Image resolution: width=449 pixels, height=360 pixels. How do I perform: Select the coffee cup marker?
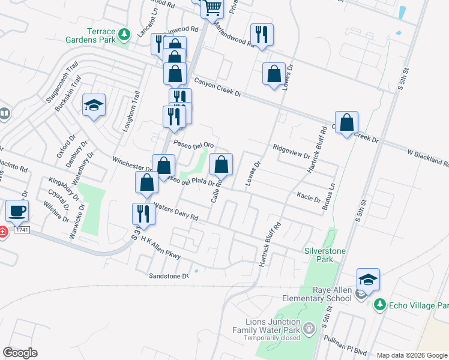17,211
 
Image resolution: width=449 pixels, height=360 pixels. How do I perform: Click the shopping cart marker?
212,8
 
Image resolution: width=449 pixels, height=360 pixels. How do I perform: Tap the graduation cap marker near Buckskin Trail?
94,106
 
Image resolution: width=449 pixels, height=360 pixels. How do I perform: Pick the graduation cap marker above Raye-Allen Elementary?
368,280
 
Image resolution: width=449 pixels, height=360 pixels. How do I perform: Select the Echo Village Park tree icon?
379,305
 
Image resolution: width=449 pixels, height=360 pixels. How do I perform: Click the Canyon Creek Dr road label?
217,86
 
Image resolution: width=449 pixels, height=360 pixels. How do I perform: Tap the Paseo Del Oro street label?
194,145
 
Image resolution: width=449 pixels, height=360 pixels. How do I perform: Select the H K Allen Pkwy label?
160,248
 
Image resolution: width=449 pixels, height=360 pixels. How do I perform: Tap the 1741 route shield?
21,230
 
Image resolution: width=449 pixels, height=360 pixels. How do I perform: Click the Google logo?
20,353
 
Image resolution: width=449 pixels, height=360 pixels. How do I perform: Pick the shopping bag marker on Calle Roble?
221,164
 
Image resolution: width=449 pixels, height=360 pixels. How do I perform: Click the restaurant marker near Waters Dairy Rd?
143,214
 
